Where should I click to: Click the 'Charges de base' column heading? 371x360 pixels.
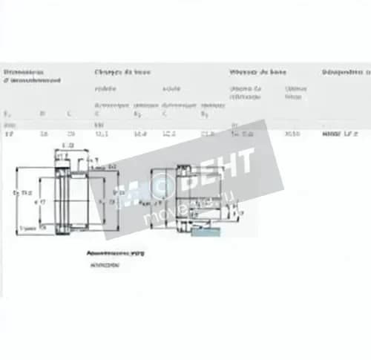tap(122, 72)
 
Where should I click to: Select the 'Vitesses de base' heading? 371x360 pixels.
tap(257, 72)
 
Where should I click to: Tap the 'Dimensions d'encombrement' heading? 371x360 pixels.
tap(32, 76)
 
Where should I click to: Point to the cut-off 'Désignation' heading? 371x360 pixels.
tap(345, 72)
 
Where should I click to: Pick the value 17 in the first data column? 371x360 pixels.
tap(9, 134)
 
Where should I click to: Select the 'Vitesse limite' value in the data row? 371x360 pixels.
tap(292, 134)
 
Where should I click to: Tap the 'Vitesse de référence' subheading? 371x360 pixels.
tap(246, 92)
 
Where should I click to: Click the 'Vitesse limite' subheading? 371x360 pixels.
tap(295, 92)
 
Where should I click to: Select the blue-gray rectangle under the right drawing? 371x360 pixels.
tap(205, 232)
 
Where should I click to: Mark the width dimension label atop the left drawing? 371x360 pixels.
tap(69, 145)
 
